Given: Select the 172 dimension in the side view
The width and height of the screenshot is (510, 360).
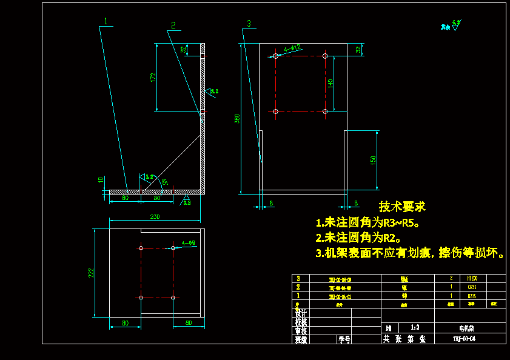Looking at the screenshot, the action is click(x=153, y=77).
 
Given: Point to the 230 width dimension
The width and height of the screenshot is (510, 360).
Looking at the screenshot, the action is click(x=155, y=216).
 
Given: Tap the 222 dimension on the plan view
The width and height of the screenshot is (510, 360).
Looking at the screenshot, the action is click(x=91, y=273).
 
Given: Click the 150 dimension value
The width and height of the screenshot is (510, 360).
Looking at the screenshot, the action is click(x=374, y=161).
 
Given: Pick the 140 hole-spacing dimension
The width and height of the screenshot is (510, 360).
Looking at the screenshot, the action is click(x=330, y=84).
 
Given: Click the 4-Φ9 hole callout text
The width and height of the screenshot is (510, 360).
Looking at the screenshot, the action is click(x=188, y=243).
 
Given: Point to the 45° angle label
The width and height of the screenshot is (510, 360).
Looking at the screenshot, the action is click(x=164, y=181).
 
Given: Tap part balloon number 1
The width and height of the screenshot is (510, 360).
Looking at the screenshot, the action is click(x=106, y=21).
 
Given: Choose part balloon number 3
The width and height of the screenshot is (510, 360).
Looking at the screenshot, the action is click(x=248, y=24).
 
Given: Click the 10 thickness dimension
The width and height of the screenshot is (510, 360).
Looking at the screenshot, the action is click(x=101, y=180).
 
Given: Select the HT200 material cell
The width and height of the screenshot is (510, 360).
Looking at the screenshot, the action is click(x=472, y=279).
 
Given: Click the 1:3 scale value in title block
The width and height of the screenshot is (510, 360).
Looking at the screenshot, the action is click(x=414, y=327).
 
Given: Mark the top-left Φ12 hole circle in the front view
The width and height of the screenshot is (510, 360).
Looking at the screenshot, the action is click(x=275, y=56).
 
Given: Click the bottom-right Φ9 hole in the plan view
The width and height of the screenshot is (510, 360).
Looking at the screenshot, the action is click(x=173, y=298).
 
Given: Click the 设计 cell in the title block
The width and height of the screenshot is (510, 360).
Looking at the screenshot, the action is click(x=300, y=313).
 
